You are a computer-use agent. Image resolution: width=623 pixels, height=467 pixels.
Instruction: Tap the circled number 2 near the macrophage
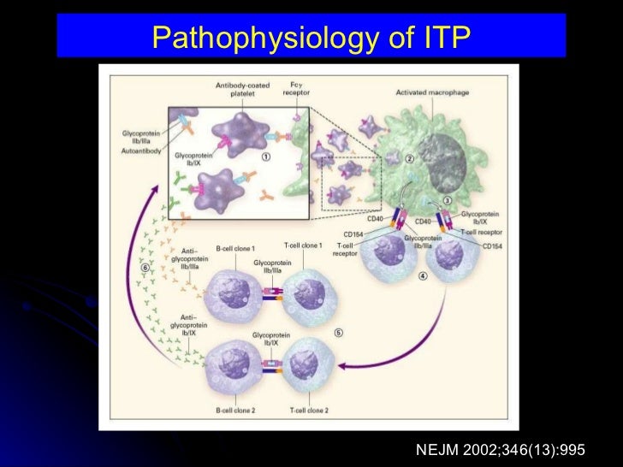(410, 158)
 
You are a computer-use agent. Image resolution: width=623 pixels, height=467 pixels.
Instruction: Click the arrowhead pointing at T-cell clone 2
(342, 366)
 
